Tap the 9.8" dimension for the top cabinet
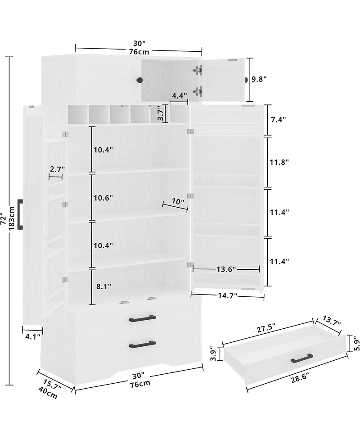259,79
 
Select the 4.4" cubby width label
179,95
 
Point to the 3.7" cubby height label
160,113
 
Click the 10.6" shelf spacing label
103,198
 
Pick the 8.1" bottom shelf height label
104,286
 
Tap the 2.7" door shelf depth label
57,169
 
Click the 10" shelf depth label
178,201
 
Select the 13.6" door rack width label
226,269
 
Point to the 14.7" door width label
228,295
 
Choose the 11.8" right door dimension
279,162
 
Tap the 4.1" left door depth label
33,336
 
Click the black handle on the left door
20,214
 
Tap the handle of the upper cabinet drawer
143,318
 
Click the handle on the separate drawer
302,358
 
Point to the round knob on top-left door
139,80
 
